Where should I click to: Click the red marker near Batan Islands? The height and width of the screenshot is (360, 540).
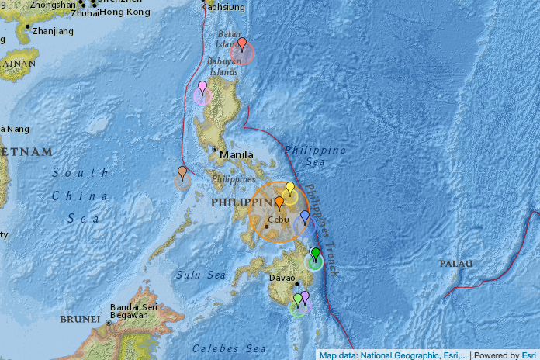[242, 44]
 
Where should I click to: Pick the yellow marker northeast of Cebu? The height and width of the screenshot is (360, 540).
[290, 189]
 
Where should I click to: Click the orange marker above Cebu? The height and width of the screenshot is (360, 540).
[279, 203]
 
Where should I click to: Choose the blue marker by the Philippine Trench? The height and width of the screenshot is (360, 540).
[305, 216]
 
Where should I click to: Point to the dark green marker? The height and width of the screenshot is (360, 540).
[315, 254]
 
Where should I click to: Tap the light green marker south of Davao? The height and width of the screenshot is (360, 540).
[298, 299]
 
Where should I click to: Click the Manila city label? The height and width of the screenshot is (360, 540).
[237, 154]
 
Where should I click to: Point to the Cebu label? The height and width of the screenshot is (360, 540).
[278, 220]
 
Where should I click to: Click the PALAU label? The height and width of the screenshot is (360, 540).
[456, 264]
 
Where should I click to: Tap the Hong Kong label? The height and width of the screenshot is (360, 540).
[124, 12]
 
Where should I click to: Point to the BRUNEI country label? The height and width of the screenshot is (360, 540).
[80, 319]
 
